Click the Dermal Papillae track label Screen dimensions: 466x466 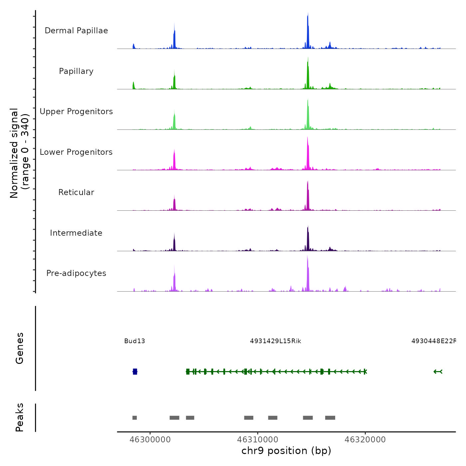(x=76, y=31)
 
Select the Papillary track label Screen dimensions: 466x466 (x=76, y=71)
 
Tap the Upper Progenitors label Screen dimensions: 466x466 (x=76, y=112)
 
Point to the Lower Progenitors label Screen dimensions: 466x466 (x=76, y=152)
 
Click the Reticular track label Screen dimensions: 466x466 (x=76, y=192)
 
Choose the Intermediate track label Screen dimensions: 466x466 (x=76, y=233)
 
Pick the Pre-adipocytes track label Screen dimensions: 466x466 (x=76, y=273)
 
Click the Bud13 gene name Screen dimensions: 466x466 (x=134, y=341)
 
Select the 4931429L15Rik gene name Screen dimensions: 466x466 (x=276, y=341)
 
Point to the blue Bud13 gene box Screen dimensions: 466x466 (x=135, y=371)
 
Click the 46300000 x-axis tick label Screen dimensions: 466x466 (x=150, y=440)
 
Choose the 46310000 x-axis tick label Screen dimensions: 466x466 (x=258, y=440)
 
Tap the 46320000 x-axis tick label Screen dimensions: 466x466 (x=365, y=440)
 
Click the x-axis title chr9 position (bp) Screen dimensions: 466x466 (x=286, y=451)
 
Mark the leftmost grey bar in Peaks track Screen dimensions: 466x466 (x=134, y=418)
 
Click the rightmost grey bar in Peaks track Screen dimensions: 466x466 (x=330, y=418)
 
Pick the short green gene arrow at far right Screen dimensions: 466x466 (x=438, y=371)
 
